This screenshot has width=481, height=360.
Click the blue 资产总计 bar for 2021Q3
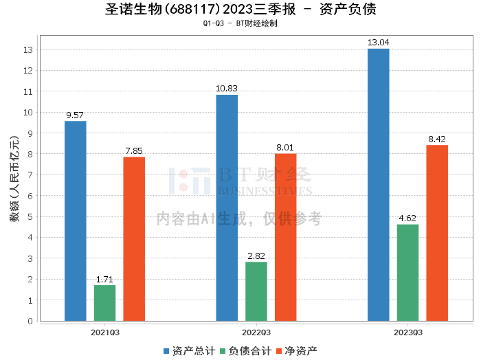76,221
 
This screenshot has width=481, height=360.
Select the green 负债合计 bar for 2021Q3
105,303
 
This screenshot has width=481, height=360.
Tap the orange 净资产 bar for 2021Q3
134,238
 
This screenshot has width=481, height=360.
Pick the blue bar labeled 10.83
227,207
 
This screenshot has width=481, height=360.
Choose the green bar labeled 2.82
256,291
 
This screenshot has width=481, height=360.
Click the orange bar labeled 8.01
286,237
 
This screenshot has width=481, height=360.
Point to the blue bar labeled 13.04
379,184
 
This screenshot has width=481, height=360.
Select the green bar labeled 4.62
407,272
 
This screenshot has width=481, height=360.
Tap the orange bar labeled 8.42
437,233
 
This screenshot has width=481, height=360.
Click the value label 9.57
76,115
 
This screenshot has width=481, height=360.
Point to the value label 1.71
105,279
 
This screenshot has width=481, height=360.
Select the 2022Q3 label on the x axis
256,332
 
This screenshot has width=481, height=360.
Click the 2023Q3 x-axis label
407,332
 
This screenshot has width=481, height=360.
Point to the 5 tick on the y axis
31,217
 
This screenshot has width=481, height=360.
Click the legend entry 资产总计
188,350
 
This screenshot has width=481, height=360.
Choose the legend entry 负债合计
245,350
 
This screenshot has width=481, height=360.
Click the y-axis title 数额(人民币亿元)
14,186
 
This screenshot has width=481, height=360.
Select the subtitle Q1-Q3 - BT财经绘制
240,23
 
